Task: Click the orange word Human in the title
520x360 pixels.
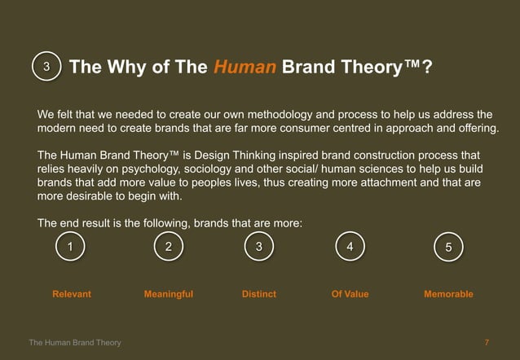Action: [x=245, y=67]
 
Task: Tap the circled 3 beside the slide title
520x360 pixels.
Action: [x=47, y=67]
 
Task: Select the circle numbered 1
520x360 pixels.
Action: [x=71, y=247]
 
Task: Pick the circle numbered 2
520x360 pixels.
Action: [x=168, y=247]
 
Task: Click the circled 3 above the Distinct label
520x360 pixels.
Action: [x=258, y=247]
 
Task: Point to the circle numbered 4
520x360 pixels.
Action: [x=350, y=247]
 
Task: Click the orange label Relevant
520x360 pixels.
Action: [x=72, y=294]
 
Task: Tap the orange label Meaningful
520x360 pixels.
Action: [x=168, y=294]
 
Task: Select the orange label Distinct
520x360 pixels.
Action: [x=259, y=294]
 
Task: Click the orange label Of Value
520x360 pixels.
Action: [x=350, y=294]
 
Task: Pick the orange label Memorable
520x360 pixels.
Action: [x=448, y=294]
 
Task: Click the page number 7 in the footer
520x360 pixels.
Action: [x=487, y=343]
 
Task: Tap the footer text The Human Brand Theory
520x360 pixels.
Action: [x=75, y=343]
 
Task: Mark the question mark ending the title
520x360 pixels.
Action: [x=427, y=67]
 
